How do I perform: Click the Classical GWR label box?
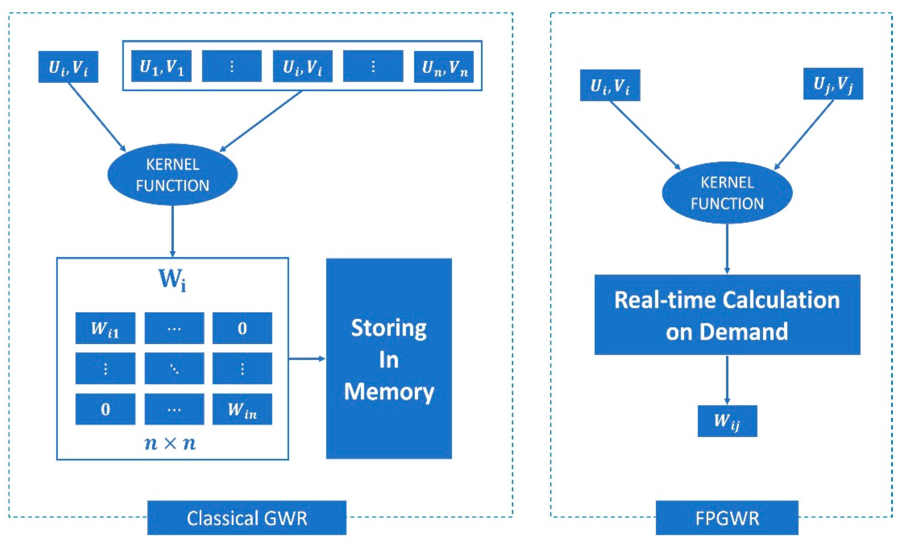(247, 518)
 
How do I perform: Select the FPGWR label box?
(727, 518)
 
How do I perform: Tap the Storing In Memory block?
(389, 358)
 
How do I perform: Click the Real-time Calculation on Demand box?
(727, 315)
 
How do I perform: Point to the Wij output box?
(727, 421)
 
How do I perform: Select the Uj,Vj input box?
(833, 84)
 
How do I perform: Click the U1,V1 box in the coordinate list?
(161, 66)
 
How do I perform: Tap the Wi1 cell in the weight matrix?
(105, 328)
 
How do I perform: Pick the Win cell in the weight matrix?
(242, 409)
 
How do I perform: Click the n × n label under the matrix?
(170, 443)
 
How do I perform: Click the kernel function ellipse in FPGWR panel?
(727, 193)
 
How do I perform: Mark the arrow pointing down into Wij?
(727, 381)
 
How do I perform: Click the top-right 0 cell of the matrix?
(242, 328)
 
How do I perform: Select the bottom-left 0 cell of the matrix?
(105, 409)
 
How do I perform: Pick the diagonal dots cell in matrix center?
(174, 368)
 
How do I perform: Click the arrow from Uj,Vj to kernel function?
(804, 135)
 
